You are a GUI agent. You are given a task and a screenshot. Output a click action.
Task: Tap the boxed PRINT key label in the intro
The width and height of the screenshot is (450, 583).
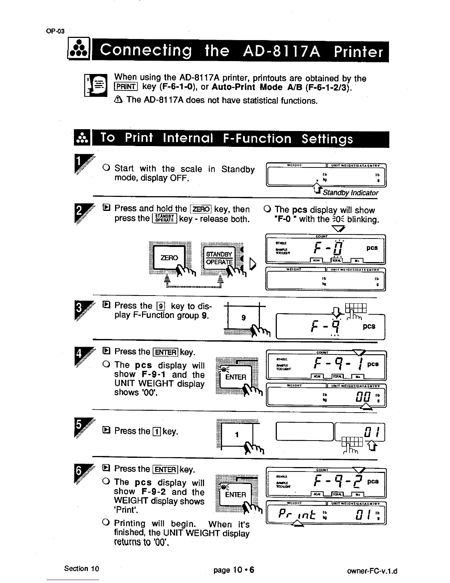tap(126, 87)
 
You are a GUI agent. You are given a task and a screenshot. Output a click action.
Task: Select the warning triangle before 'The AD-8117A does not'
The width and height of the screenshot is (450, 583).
tap(118, 100)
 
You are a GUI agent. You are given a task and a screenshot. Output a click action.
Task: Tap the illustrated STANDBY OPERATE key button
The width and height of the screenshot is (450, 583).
tap(219, 258)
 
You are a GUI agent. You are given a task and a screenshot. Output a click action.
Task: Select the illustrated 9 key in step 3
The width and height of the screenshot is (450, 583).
tap(243, 317)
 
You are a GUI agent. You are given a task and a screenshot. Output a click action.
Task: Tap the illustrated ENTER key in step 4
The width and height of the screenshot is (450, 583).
tap(236, 377)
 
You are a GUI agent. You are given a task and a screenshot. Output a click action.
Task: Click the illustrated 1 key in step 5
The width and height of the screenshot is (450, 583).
tap(237, 435)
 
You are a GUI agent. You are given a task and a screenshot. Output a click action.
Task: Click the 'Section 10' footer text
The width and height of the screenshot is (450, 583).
tap(82, 569)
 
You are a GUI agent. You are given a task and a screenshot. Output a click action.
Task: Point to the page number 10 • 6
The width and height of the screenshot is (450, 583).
tap(234, 570)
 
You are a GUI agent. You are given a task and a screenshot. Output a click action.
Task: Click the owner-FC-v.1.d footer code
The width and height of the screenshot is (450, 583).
tap(372, 572)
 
